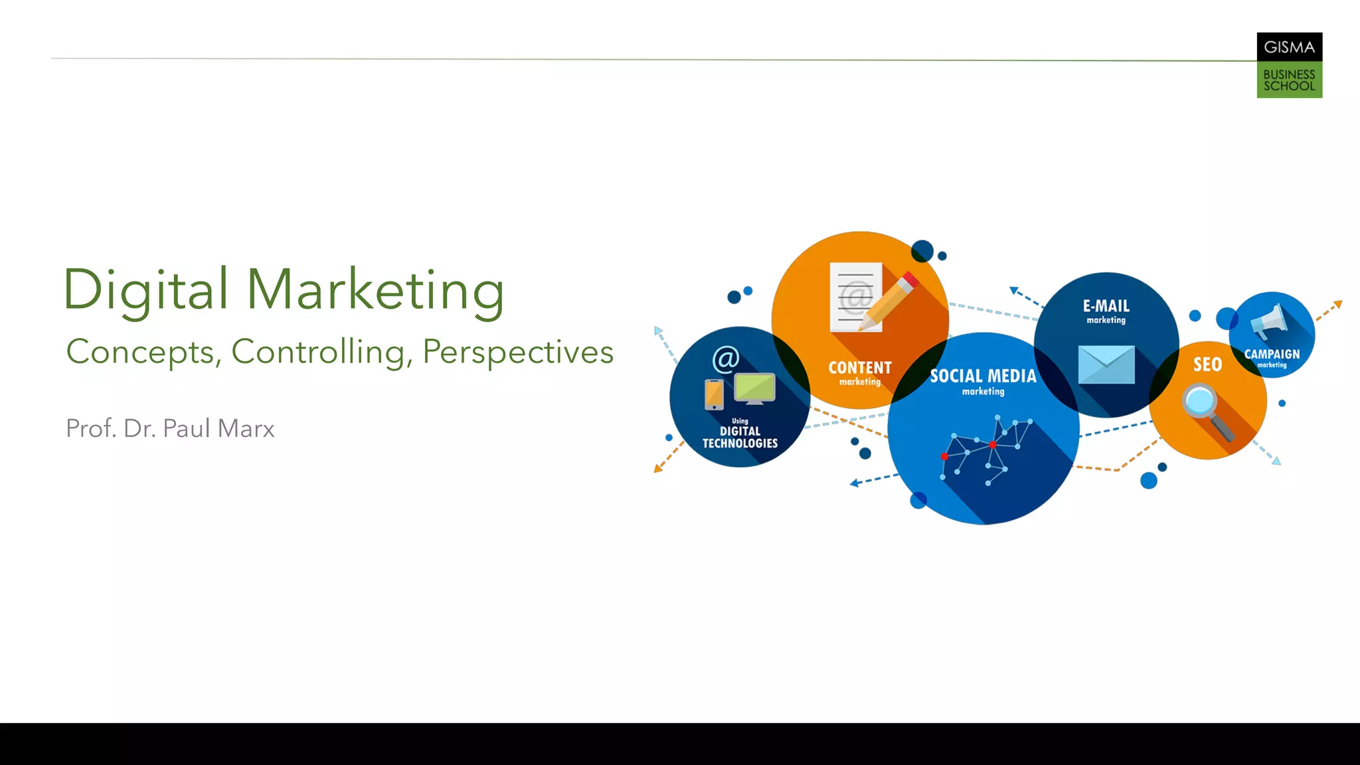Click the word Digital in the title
(x=145, y=290)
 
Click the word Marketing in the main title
(x=375, y=291)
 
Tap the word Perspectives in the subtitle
(x=518, y=352)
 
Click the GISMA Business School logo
(x=1289, y=65)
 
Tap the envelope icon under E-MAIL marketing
(x=1106, y=365)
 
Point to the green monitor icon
(x=754, y=388)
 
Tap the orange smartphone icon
(x=714, y=394)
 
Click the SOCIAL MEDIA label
(x=983, y=377)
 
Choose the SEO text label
(x=1207, y=365)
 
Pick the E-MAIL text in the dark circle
(x=1106, y=306)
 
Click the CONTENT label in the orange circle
(x=860, y=368)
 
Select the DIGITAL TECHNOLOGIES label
(x=740, y=438)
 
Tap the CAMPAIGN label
(x=1272, y=355)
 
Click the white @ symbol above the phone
(x=726, y=359)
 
